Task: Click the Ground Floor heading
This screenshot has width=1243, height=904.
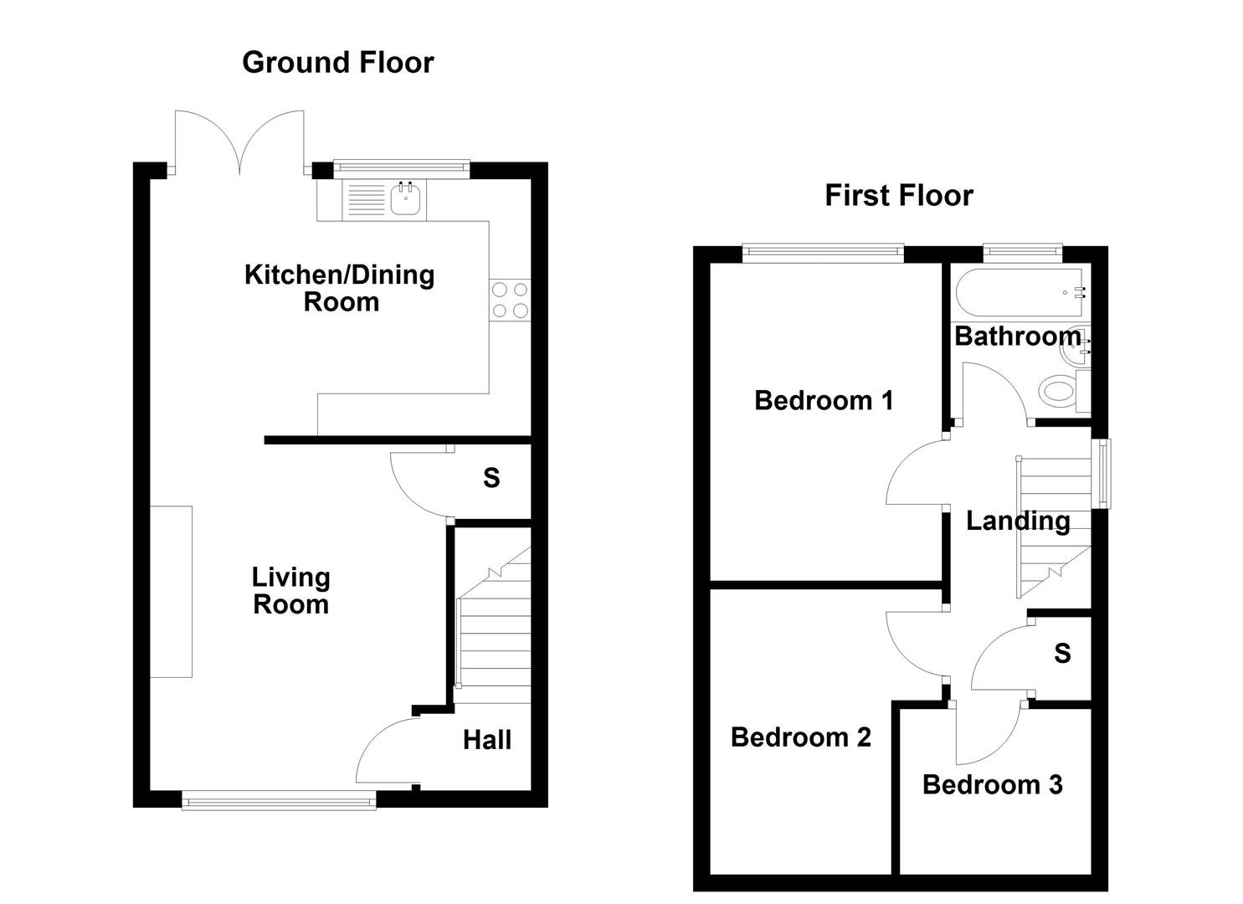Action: pos(337,62)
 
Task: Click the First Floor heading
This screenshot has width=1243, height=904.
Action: pos(899,195)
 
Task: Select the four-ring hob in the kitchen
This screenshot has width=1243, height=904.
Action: pos(510,300)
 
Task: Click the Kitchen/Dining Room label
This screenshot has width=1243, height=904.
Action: pos(340,287)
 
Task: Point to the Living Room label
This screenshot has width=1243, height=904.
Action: pos(290,590)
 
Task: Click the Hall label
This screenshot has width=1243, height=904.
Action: pos(487,739)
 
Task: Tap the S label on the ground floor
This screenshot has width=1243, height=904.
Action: pos(491,478)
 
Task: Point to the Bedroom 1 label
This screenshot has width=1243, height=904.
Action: pos(824,400)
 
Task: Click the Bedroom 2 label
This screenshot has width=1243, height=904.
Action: pos(800,737)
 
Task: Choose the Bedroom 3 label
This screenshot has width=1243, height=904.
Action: pos(992,784)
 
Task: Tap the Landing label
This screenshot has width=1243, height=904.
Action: pos(1018,521)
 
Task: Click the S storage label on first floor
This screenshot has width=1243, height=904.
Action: pos(1062,653)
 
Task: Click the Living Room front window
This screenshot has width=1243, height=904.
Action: pos(279,802)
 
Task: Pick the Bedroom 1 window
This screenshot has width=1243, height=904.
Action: pos(824,249)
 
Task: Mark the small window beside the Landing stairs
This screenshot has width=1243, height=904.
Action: pos(1103,473)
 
